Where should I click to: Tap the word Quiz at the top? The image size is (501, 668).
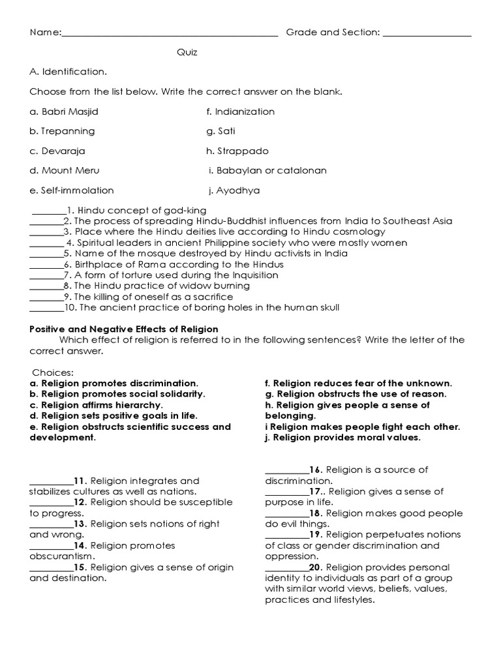(x=187, y=52)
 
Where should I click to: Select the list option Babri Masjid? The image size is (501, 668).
(x=64, y=112)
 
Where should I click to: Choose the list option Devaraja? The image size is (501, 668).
(x=59, y=151)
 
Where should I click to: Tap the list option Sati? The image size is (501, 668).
(x=221, y=131)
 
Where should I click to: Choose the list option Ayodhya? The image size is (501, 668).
(x=234, y=190)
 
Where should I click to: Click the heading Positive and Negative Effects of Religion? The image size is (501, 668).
(x=124, y=329)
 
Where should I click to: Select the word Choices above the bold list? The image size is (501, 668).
(x=53, y=372)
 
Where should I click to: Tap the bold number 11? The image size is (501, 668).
(x=81, y=481)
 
